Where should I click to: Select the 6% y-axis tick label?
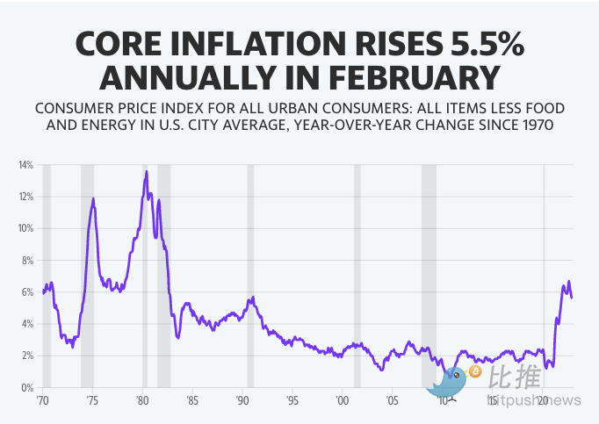(27, 292)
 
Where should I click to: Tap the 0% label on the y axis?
(27, 388)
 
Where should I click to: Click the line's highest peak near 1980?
(146, 171)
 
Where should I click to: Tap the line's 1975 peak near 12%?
(93, 199)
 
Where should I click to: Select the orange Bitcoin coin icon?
(476, 372)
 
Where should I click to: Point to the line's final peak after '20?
(569, 282)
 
